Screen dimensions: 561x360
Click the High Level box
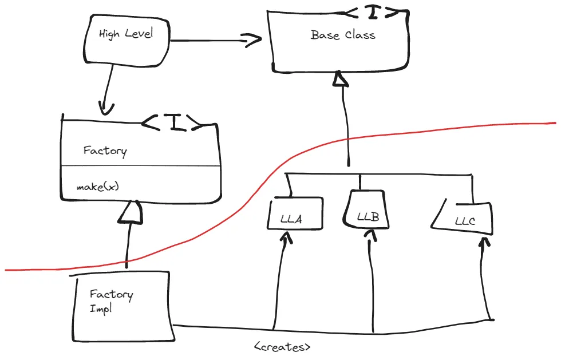[x=127, y=41]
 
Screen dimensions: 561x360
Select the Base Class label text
[x=343, y=35]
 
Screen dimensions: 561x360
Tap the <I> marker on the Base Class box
[x=373, y=13]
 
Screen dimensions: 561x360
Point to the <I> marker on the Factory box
[x=172, y=122]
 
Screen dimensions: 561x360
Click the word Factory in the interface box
[x=105, y=151]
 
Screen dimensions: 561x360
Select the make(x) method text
[x=97, y=187]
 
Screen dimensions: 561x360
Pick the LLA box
[x=295, y=213]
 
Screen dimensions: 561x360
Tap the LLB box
[x=366, y=209]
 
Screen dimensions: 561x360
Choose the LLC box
[x=463, y=218]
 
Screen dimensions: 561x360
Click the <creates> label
[x=282, y=347]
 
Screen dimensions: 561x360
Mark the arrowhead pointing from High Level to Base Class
[x=252, y=40]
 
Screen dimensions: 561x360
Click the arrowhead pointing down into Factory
[x=106, y=108]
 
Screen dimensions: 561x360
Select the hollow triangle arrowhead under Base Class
[x=340, y=78]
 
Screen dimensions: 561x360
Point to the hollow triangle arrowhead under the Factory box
[x=131, y=212]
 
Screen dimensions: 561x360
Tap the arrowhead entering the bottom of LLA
[x=286, y=238]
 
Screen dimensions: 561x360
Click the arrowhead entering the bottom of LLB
[x=371, y=236]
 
